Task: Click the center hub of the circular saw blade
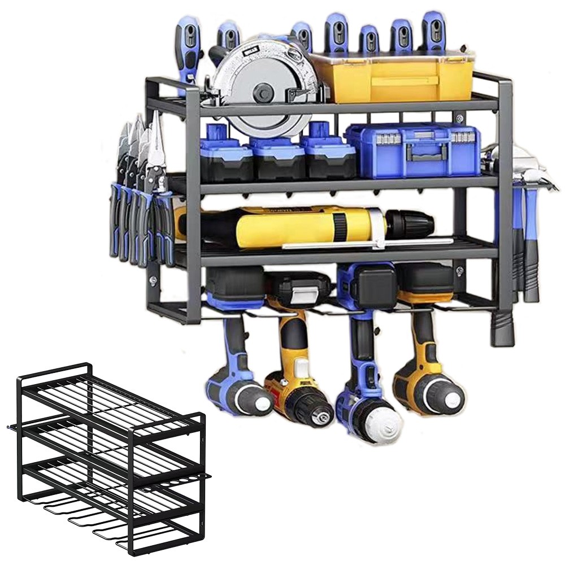click(264, 91)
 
